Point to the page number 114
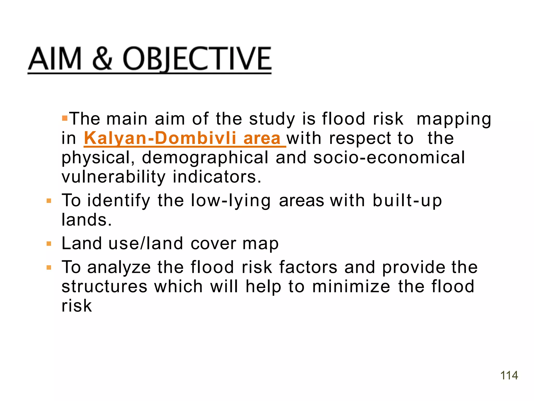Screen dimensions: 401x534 pos(509,375)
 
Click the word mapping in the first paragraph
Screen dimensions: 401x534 pos(454,119)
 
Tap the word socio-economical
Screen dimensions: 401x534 pos(389,158)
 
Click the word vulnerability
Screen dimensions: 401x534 pos(113,177)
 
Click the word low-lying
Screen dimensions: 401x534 pos(231,201)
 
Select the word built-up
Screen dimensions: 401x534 pos(407,201)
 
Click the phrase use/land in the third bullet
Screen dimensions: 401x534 pos(146,244)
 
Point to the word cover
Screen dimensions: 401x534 pos(213,244)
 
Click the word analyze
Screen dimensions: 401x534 pos(119,267)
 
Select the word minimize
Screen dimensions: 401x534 pos(351,287)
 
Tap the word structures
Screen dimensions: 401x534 pos(104,287)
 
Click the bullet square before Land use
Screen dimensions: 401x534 pos(49,244)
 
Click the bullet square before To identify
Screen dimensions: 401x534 pos(49,201)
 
